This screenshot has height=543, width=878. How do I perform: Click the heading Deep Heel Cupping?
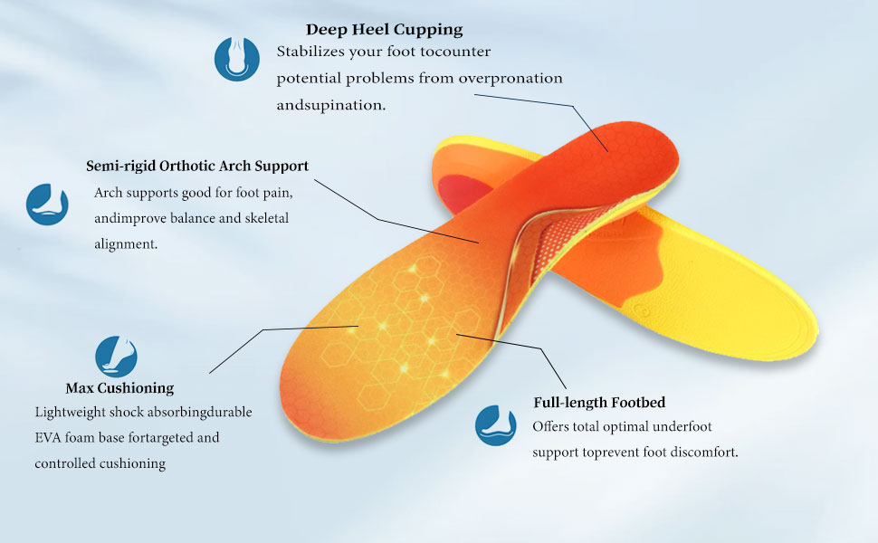[x=384, y=30]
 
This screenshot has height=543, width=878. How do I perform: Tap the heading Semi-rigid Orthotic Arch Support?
[x=197, y=167]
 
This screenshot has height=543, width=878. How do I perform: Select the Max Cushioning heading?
[x=119, y=388]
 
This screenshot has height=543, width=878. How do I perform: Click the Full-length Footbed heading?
[x=599, y=403]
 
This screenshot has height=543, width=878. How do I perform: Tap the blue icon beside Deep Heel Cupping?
[x=236, y=59]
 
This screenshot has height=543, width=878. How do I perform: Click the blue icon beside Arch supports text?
[x=47, y=204]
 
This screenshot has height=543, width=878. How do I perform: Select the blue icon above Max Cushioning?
[x=116, y=356]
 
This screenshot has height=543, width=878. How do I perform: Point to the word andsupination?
[x=331, y=105]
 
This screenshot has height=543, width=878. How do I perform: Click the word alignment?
[x=126, y=244]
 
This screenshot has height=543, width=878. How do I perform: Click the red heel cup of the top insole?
[x=634, y=149]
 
